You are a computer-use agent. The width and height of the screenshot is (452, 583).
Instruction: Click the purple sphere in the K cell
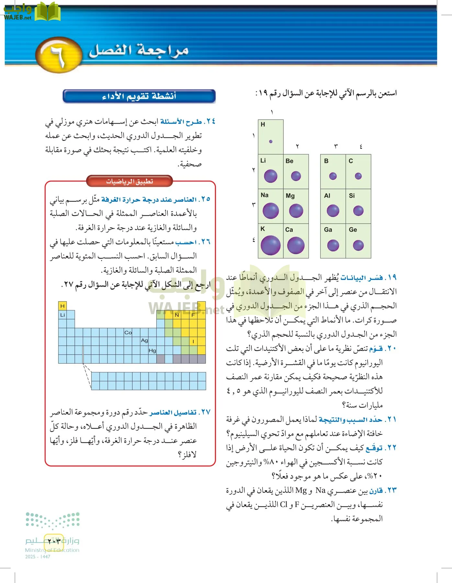(x=270, y=245)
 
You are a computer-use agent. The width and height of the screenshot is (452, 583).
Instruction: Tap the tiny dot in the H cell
(x=271, y=142)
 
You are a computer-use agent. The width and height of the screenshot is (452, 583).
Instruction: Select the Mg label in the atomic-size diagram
(x=290, y=196)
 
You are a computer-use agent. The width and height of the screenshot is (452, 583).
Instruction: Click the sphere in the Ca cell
(x=296, y=245)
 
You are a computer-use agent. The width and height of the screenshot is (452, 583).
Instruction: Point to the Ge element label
(x=353, y=230)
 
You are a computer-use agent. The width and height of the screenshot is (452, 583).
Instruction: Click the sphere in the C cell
(x=358, y=176)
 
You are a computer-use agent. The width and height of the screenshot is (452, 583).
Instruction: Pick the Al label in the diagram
(x=327, y=196)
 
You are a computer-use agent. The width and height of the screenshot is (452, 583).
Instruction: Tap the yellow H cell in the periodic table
(x=62, y=306)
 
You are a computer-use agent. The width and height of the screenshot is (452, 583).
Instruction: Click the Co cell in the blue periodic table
(x=128, y=332)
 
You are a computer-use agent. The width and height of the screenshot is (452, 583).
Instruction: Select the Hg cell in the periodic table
(x=152, y=350)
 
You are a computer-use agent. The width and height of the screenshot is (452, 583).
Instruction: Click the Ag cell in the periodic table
(x=144, y=341)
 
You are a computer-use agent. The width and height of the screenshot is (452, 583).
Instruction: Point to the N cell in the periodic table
(x=177, y=315)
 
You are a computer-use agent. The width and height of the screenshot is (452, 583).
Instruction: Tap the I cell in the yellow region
(x=193, y=341)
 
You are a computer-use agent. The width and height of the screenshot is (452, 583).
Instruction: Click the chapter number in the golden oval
(x=58, y=55)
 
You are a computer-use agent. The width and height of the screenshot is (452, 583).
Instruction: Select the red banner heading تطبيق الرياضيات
(x=130, y=181)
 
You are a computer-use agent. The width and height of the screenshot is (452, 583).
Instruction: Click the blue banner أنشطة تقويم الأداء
(x=139, y=96)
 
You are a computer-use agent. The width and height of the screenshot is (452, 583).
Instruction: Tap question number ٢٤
(x=211, y=121)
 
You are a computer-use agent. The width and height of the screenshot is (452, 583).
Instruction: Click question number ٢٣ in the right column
(x=391, y=490)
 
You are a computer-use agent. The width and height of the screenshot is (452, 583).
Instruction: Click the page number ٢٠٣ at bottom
(x=54, y=541)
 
